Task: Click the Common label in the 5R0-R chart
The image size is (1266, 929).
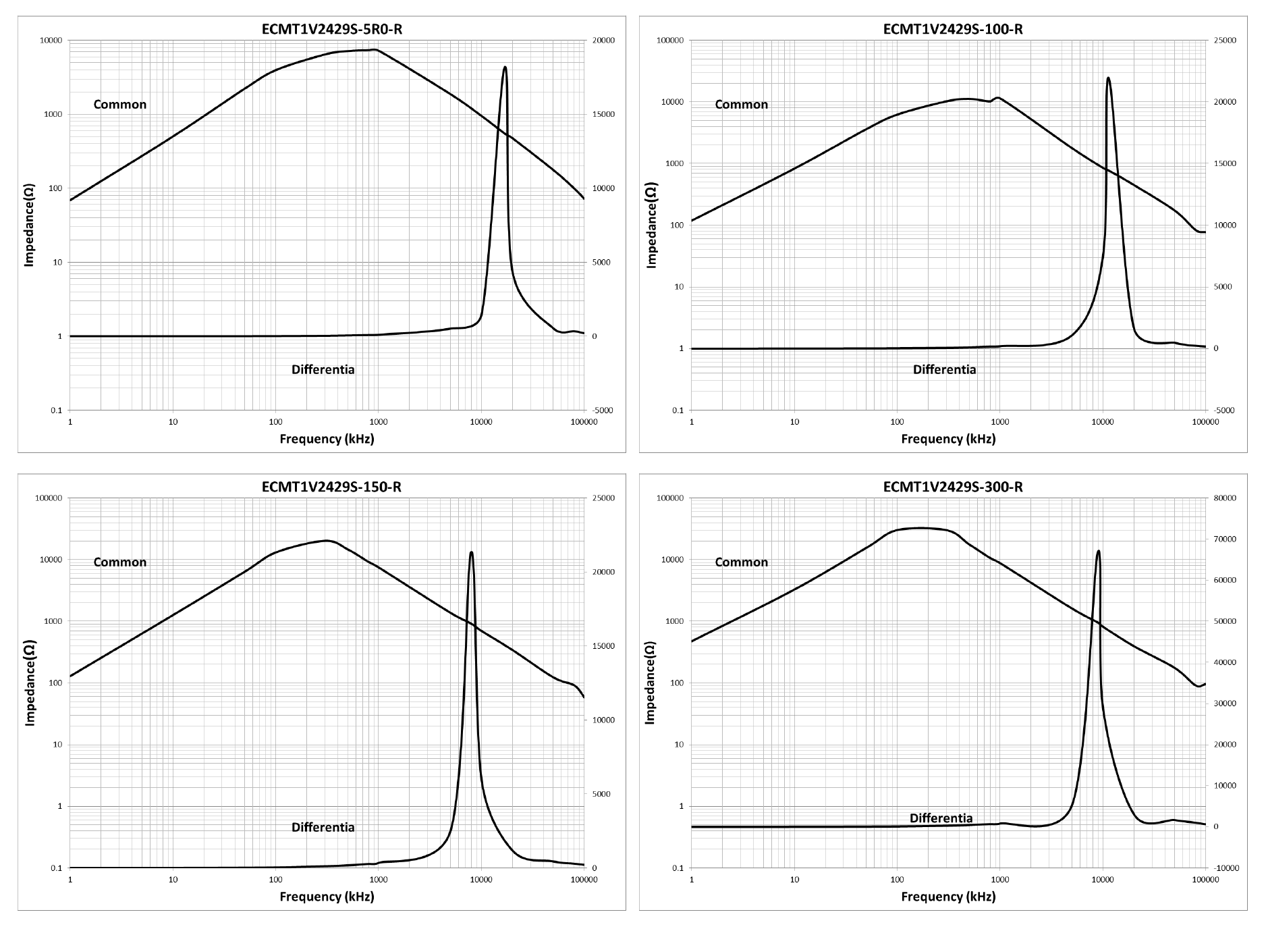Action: pyautogui.click(x=120, y=104)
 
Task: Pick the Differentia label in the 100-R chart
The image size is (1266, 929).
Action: pyautogui.click(x=944, y=369)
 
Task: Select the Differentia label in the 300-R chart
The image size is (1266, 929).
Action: pyautogui.click(x=941, y=818)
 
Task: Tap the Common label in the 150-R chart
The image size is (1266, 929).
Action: pyautogui.click(x=120, y=562)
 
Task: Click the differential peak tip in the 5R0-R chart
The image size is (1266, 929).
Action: pyautogui.click(x=505, y=68)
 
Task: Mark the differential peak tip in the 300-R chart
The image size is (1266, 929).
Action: pyautogui.click(x=1099, y=551)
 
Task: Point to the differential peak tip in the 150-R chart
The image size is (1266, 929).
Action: pyautogui.click(x=471, y=552)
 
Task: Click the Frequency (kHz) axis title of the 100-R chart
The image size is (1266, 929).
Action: pyautogui.click(x=948, y=439)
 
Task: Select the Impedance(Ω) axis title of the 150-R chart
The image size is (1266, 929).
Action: pyautogui.click(x=30, y=683)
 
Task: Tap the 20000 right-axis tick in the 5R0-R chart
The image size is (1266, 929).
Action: pyautogui.click(x=603, y=41)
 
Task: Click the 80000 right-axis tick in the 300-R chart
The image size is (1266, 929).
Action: pyautogui.click(x=1224, y=498)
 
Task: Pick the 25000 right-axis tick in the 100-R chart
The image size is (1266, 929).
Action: pyautogui.click(x=1224, y=41)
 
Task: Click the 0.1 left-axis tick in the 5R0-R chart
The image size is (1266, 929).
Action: pyautogui.click(x=55, y=410)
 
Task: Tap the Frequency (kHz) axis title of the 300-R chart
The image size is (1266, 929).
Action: pyautogui.click(x=948, y=897)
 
